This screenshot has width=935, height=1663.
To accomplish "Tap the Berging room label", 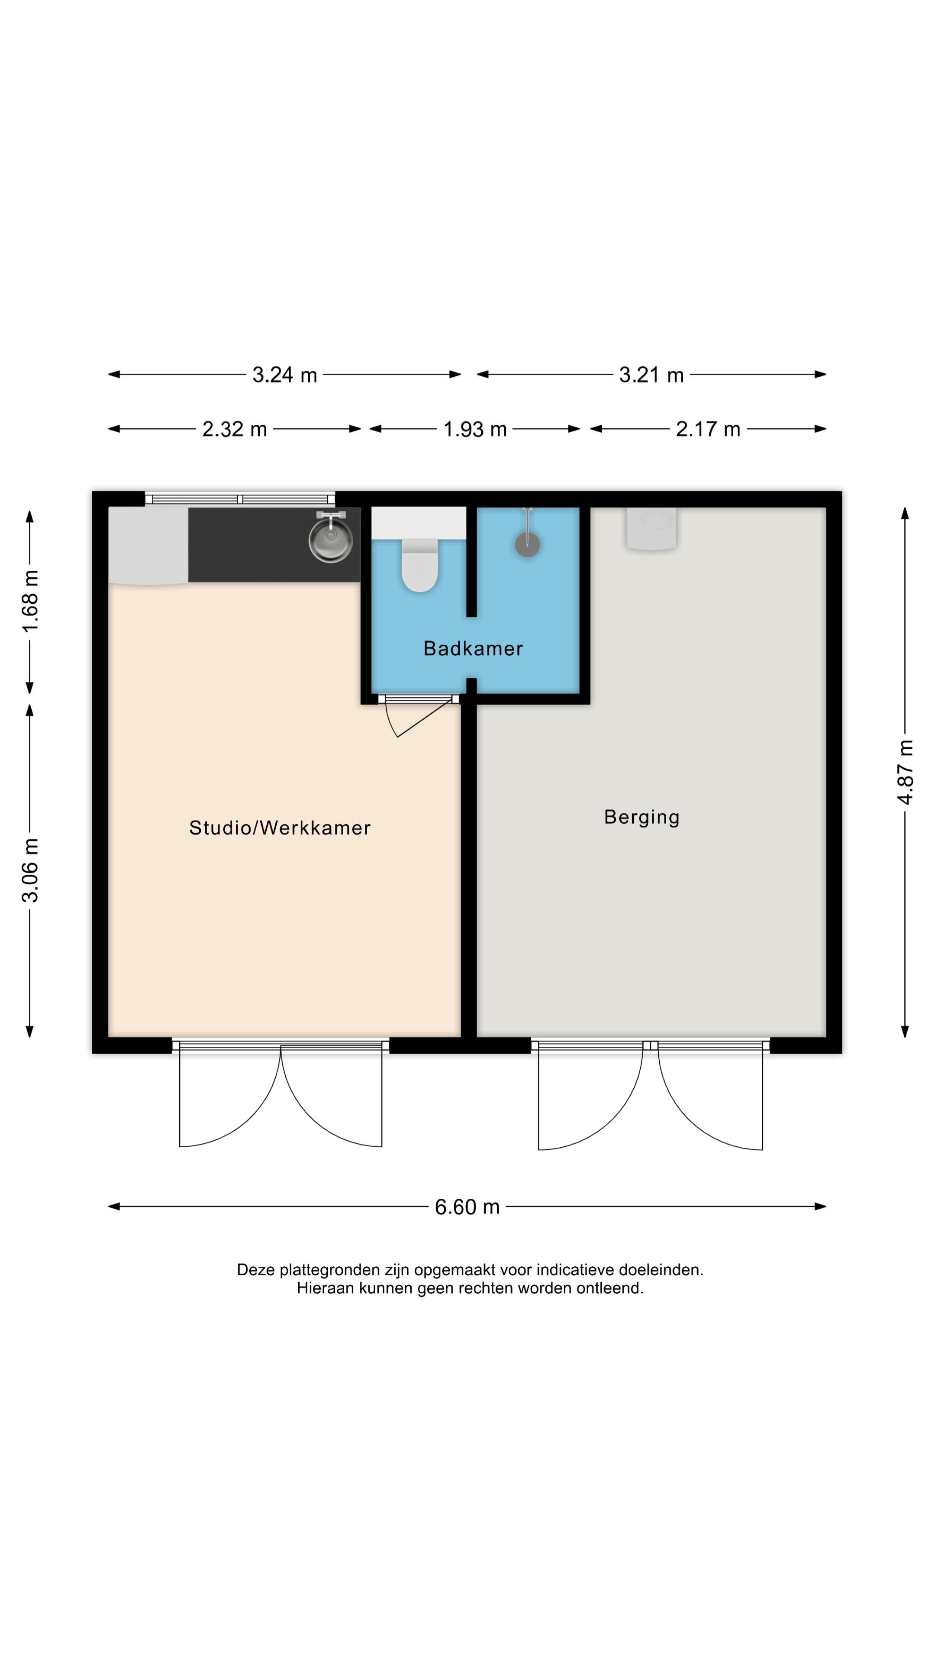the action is tap(642, 817).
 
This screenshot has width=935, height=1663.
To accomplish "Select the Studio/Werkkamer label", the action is tap(279, 828).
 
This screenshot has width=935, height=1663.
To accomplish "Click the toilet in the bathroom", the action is tap(419, 564).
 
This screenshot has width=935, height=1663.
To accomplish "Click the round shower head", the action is tap(527, 544).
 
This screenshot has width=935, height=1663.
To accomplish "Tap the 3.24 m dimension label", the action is tap(284, 375).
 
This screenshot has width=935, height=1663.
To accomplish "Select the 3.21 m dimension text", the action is tap(651, 375).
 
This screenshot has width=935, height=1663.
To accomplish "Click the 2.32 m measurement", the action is tap(234, 429).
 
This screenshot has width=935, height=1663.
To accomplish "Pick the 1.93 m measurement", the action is tap(475, 429).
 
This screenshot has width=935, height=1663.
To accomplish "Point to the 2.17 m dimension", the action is tap(708, 429).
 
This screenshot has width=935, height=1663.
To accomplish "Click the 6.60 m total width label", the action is tap(467, 1207).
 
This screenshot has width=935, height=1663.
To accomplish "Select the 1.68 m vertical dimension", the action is tap(30, 601).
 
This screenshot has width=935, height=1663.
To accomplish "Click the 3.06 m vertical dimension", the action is tap(30, 870).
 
